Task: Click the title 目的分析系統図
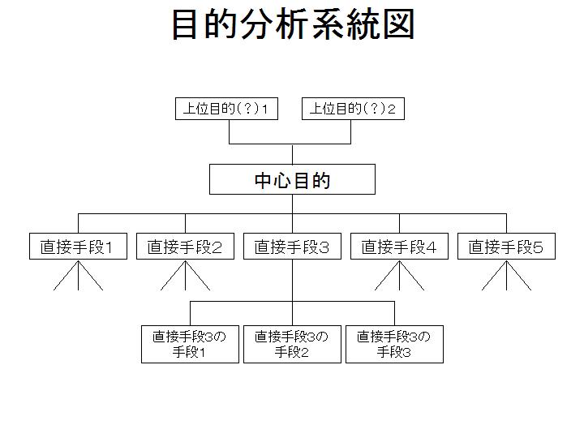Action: pos(293,24)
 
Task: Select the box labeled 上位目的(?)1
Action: pos(226,109)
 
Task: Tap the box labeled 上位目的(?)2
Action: pos(353,109)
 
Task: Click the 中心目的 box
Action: pos(292,179)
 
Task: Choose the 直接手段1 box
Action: pos(78,247)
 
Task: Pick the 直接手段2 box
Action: pos(185,247)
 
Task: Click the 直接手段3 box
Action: pos(292,247)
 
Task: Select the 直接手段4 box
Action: pos(399,247)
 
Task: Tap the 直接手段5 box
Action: pos(506,247)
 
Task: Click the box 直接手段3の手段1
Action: pos(190,344)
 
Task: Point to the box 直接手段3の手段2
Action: pos(292,344)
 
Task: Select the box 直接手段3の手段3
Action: pos(394,344)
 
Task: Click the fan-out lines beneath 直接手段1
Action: pos(78,276)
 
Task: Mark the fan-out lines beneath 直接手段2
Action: pos(185,276)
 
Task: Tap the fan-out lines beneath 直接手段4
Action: pos(399,276)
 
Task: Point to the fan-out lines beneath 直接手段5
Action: pos(506,276)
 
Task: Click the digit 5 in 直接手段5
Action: pos(539,247)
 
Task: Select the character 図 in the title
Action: pos(399,24)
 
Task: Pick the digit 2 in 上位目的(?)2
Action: pos(392,109)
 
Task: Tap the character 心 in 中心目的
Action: pos(283,180)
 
